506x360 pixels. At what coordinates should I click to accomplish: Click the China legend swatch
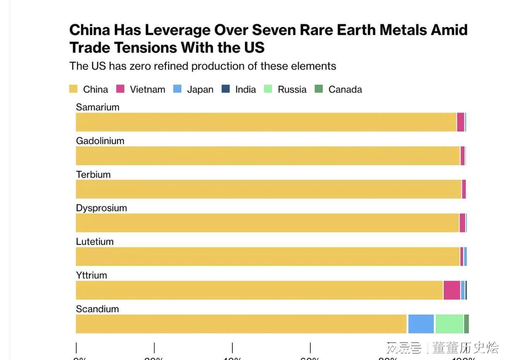tap(73, 89)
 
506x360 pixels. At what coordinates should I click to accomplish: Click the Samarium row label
tap(97, 107)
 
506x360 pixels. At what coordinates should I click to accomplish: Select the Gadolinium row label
tap(100, 141)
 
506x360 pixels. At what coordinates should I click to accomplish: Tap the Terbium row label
tap(93, 175)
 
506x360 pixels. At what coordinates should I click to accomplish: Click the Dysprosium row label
tap(101, 208)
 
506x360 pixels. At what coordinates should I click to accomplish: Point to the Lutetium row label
tap(95, 242)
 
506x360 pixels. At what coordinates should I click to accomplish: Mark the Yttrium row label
tap(91, 276)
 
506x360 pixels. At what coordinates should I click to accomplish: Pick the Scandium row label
tap(97, 309)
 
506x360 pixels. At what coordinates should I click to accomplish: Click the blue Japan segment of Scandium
tap(421, 324)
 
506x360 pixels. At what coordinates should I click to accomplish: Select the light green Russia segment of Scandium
tap(449, 324)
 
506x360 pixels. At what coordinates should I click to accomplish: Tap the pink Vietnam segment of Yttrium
tap(451, 290)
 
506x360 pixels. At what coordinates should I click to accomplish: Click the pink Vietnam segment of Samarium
tap(460, 122)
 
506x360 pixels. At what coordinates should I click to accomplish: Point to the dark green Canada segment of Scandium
tap(467, 324)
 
